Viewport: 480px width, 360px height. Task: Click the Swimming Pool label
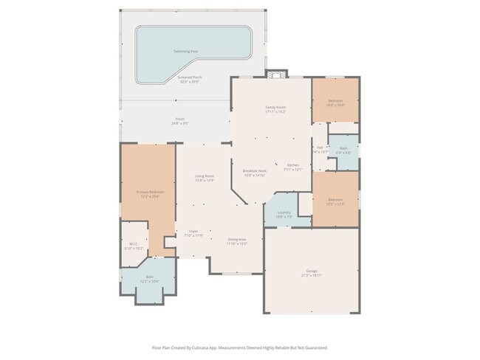click(x=185, y=51)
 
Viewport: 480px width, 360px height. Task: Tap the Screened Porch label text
click(x=190, y=77)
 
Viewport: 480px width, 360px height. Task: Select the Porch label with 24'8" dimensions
click(x=179, y=120)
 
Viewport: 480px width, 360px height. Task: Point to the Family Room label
click(x=275, y=108)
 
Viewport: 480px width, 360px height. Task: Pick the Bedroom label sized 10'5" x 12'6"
click(x=335, y=200)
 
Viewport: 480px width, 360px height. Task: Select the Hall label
click(x=320, y=147)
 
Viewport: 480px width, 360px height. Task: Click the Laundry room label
click(x=284, y=213)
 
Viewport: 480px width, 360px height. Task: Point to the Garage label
click(x=312, y=271)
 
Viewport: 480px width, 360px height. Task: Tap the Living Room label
click(x=205, y=176)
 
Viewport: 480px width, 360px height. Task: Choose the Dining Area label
click(x=236, y=238)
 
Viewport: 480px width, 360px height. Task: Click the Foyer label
click(x=193, y=232)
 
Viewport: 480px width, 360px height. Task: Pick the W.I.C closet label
click(x=134, y=243)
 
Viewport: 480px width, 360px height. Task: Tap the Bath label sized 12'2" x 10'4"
click(x=149, y=277)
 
